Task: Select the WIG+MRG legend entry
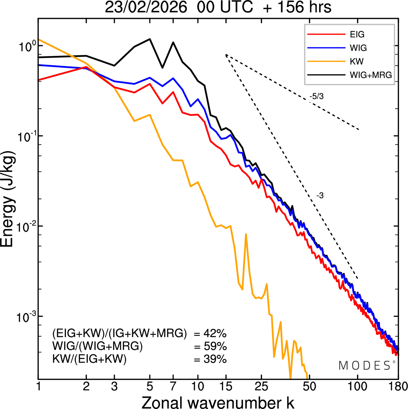click(371, 75)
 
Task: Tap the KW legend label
click(357, 61)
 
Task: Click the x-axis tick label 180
click(398, 387)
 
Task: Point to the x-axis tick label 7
click(173, 387)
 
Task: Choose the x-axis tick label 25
click(261, 387)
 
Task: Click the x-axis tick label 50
click(309, 387)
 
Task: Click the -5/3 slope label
click(317, 96)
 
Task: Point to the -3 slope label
click(320, 196)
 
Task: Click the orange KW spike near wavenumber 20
click(246, 234)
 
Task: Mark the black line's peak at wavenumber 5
click(150, 39)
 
